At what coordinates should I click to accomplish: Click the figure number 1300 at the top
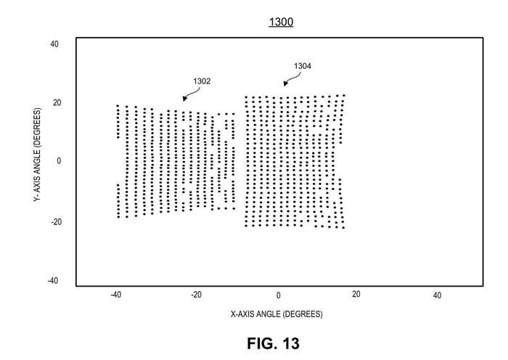(x=281, y=22)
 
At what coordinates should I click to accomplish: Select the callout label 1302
(x=202, y=81)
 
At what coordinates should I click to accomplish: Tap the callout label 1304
(x=303, y=66)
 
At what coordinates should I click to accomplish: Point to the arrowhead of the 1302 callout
(x=184, y=99)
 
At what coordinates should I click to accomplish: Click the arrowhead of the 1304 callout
(x=285, y=83)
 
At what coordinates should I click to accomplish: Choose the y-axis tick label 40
(x=54, y=44)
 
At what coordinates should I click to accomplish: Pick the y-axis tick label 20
(x=57, y=103)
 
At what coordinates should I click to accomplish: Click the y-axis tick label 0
(x=59, y=161)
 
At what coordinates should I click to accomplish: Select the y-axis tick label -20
(x=56, y=222)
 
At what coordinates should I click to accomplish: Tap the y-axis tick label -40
(x=53, y=281)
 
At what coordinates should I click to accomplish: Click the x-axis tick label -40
(x=115, y=295)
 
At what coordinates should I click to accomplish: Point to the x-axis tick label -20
(x=196, y=295)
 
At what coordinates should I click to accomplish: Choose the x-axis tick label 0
(x=278, y=295)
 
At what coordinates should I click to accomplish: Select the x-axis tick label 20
(x=356, y=294)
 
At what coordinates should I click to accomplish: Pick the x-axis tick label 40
(x=437, y=295)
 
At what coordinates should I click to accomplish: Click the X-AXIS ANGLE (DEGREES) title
(x=276, y=314)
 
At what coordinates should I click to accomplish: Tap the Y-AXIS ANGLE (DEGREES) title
(x=37, y=155)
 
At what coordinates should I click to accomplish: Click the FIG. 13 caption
(x=273, y=343)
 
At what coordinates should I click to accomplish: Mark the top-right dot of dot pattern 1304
(x=344, y=95)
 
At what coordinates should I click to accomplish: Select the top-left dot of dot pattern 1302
(x=118, y=106)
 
